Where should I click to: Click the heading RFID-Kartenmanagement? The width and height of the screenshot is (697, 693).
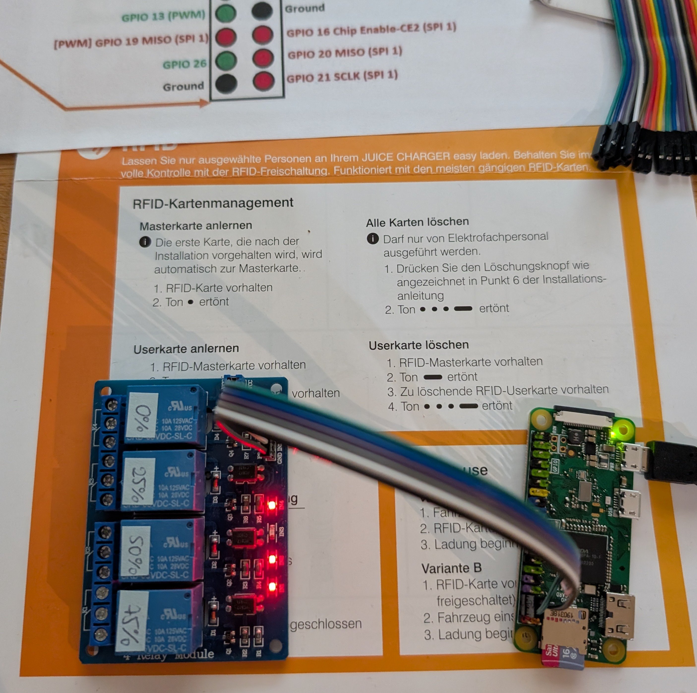tap(213, 203)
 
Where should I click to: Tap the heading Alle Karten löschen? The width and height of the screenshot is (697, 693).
tap(417, 222)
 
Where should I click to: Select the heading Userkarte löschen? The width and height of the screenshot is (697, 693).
tap(419, 345)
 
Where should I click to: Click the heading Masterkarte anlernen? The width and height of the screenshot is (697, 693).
tap(196, 226)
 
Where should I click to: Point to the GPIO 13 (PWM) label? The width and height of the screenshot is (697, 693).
tap(163, 16)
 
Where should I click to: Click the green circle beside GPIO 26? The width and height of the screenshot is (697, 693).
tap(226, 60)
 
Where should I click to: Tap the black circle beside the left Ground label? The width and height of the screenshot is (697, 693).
tap(226, 84)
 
